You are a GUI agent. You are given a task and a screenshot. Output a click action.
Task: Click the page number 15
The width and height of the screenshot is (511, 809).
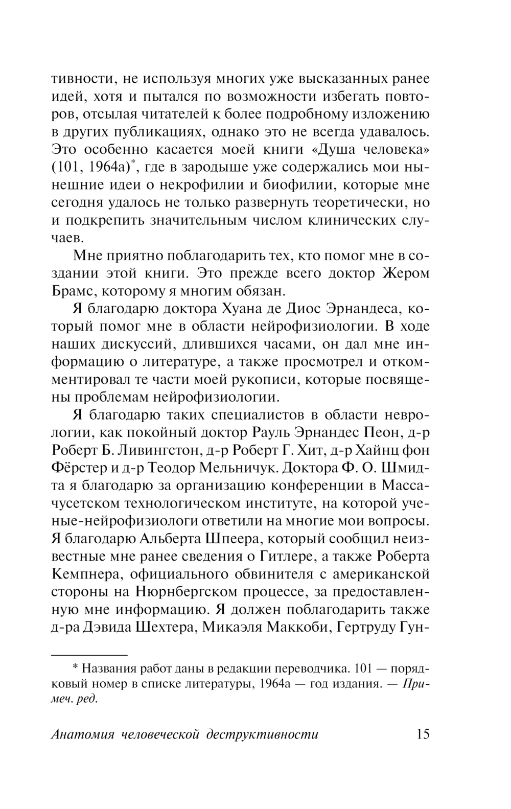(x=423, y=734)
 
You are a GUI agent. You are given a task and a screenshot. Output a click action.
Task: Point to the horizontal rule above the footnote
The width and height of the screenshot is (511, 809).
(x=89, y=654)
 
